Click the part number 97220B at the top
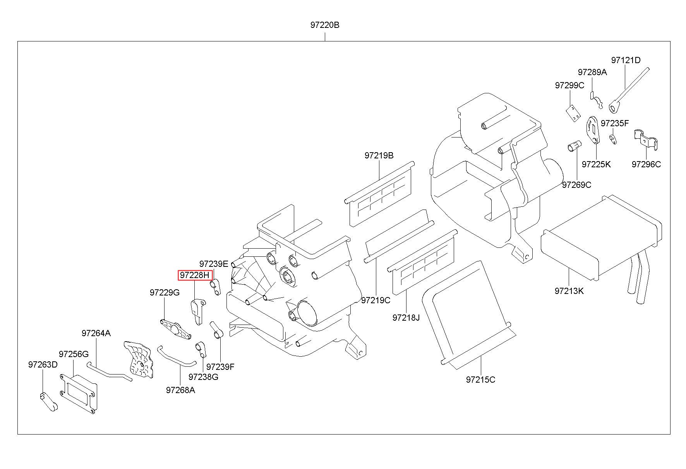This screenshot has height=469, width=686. [324, 25]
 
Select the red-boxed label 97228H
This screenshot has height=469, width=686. [196, 275]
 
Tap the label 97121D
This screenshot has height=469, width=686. [626, 60]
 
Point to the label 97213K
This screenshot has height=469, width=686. [569, 291]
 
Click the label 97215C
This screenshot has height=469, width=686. [480, 380]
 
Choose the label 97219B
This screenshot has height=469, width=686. [379, 155]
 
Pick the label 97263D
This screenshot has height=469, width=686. [43, 365]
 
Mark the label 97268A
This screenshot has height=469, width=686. [180, 390]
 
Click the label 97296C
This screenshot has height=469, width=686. [646, 164]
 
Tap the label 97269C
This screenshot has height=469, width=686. [576, 185]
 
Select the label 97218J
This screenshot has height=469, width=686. [406, 318]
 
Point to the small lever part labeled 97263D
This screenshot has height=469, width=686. [49, 402]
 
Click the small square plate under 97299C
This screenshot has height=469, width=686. [573, 113]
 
